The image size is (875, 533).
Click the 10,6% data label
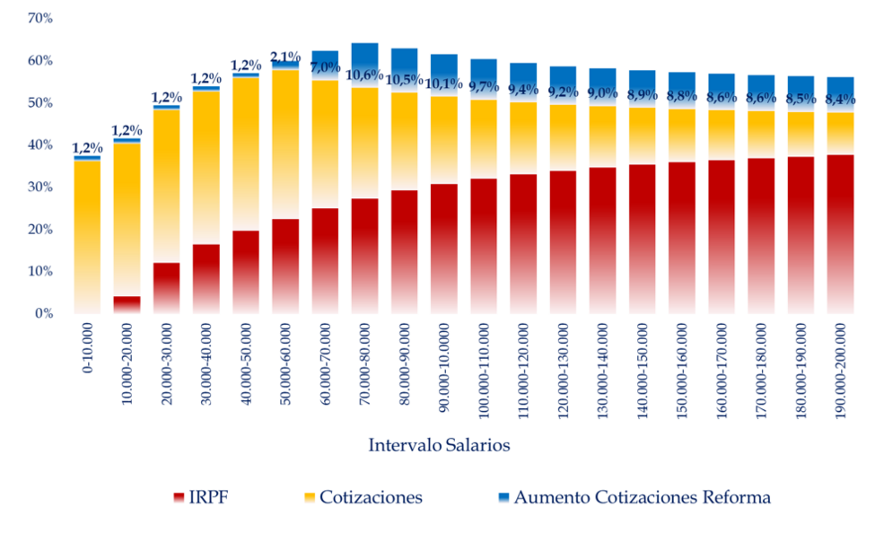364,74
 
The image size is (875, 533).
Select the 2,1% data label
285,57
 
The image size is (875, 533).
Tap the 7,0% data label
325,66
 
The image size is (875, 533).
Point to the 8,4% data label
841,100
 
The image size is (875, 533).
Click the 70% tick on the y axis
40,18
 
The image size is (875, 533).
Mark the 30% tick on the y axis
40,187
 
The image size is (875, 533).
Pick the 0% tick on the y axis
44,313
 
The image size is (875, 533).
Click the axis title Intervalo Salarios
440,445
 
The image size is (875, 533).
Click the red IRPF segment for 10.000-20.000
127,304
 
